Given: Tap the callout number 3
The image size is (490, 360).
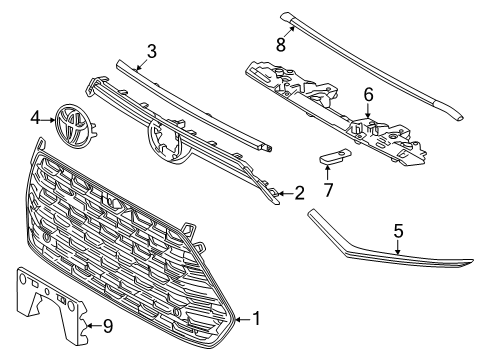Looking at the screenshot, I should point(151,50).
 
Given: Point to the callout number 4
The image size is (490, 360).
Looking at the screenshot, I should point(37,118).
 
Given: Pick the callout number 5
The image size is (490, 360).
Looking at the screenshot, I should point(398,259).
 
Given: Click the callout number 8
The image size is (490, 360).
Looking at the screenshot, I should point(283,44).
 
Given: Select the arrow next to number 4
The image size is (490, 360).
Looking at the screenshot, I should point(50,118).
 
